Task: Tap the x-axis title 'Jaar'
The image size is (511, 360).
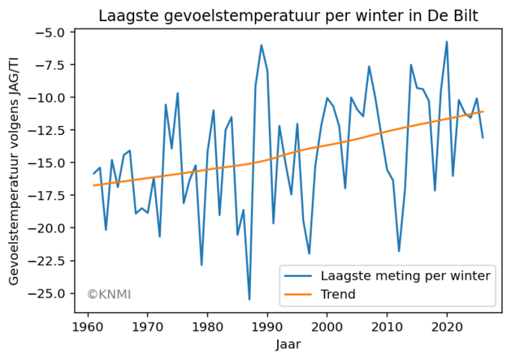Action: tap(288, 345)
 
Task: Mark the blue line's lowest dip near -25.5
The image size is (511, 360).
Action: tap(249, 300)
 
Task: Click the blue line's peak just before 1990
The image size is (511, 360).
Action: tap(261, 45)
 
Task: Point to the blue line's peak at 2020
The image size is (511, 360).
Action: tap(447, 41)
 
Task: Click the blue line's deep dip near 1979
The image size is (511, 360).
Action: tap(201, 265)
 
